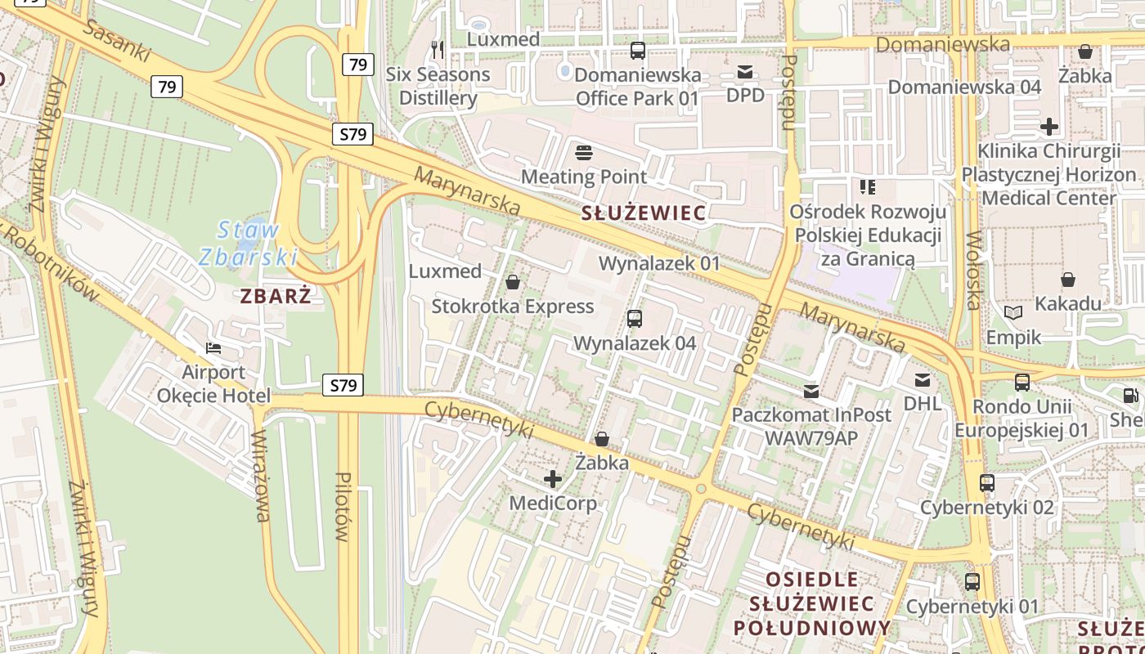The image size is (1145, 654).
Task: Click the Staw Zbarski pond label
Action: pyautogui.click(x=248, y=244)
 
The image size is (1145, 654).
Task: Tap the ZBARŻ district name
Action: pyautogui.click(x=276, y=296)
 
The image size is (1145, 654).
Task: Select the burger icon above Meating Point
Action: pyautogui.click(x=584, y=152)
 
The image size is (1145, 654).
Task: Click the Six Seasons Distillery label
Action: pyautogui.click(x=438, y=86)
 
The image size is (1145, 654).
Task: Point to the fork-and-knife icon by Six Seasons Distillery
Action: pyautogui.click(x=438, y=50)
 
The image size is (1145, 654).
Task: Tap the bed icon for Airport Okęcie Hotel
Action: pyautogui.click(x=213, y=348)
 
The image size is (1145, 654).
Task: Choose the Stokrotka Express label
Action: pyautogui.click(x=513, y=307)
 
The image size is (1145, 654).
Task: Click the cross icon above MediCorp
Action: pyautogui.click(x=553, y=478)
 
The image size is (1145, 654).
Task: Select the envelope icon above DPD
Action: pyautogui.click(x=745, y=72)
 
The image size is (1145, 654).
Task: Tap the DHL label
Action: pyautogui.click(x=923, y=403)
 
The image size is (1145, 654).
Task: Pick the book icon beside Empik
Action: pyautogui.click(x=1013, y=312)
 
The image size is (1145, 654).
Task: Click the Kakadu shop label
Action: pyautogui.click(x=1068, y=304)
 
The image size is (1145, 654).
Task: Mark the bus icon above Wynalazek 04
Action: pyautogui.click(x=635, y=319)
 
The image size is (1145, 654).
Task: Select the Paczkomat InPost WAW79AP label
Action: pyautogui.click(x=811, y=426)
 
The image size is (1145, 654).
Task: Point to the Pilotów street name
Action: pyautogui.click(x=343, y=507)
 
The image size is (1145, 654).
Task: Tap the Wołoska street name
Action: pyautogui.click(x=973, y=271)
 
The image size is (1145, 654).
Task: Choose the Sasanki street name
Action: pyautogui.click(x=118, y=41)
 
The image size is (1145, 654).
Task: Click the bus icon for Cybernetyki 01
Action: pyautogui.click(x=972, y=582)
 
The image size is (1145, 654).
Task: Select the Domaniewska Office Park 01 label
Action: pyautogui.click(x=638, y=87)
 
